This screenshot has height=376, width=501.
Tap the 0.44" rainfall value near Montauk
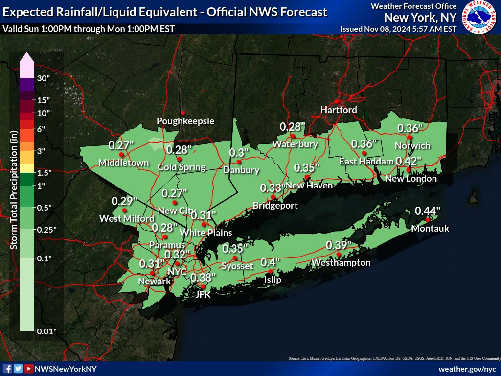click(428, 211)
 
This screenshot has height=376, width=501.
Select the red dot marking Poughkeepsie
click(183, 112)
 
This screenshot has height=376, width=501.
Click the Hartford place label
click(339, 110)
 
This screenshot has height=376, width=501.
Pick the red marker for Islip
click(271, 272)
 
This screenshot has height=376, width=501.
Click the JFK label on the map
click(203, 295)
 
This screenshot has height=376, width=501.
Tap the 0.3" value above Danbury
click(240, 153)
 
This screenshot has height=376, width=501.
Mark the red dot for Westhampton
click(339, 254)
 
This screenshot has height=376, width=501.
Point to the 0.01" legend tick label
click(47, 331)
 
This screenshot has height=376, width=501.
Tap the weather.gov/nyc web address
click(467, 369)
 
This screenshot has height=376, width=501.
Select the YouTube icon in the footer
click(29, 369)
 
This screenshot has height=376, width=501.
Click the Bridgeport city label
click(275, 205)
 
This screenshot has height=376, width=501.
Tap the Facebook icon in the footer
click(7, 369)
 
